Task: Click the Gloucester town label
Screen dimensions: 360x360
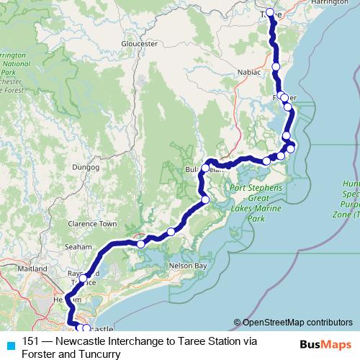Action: (x=140, y=44)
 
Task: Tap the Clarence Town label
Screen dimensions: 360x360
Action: (x=91, y=224)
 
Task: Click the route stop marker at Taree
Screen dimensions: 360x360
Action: (x=270, y=12)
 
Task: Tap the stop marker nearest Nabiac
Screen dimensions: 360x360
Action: (x=276, y=66)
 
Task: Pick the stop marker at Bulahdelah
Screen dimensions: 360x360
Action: (x=205, y=168)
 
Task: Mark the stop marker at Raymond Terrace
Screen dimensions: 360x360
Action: (x=84, y=278)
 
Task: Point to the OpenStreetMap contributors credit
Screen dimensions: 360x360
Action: (x=293, y=323)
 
